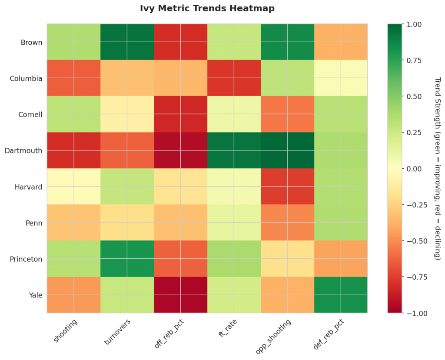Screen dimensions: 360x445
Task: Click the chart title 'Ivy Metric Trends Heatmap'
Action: click(x=207, y=8)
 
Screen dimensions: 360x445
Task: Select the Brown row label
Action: click(x=32, y=43)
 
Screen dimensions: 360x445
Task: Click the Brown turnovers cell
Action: click(x=127, y=42)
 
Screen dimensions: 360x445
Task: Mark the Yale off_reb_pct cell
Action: click(x=180, y=295)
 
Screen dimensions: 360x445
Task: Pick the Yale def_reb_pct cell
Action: click(x=340, y=295)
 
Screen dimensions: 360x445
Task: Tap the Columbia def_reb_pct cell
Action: click(x=340, y=78)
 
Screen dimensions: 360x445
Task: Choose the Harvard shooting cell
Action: click(x=73, y=187)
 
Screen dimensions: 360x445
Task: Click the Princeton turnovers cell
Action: click(x=127, y=259)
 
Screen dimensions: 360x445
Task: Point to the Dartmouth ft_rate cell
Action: click(x=234, y=150)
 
